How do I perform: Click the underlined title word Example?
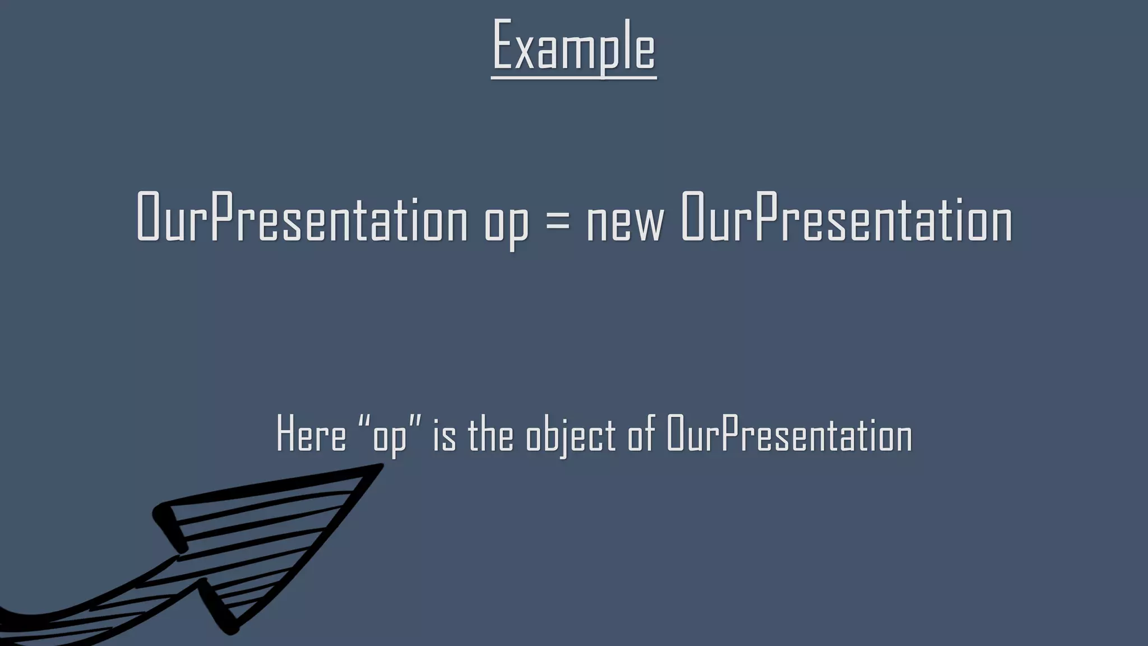pyautogui.click(x=573, y=46)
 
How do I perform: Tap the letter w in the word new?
pyautogui.click(x=650, y=223)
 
